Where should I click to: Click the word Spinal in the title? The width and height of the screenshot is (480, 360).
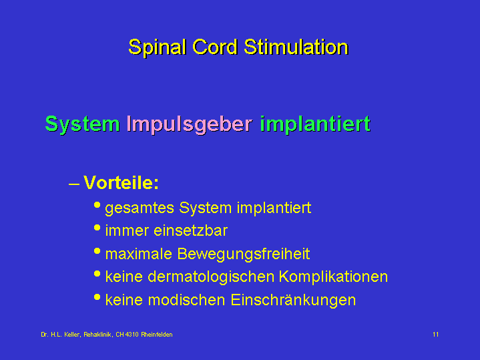point(158,48)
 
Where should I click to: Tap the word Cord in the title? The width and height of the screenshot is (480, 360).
point(215,47)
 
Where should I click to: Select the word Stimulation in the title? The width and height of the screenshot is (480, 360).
point(296,47)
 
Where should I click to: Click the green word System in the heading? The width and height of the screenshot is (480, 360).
point(82,124)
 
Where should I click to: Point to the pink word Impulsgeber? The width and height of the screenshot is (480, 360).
point(190,125)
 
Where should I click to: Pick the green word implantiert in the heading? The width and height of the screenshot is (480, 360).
point(315,124)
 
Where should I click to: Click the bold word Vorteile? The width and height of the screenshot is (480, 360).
point(121,182)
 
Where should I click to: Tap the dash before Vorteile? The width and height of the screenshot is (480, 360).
point(74,184)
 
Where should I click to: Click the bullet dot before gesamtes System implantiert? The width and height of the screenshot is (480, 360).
point(97,205)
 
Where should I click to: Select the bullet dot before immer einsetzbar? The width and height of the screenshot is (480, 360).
point(97,228)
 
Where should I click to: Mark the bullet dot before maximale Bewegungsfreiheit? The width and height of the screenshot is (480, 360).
point(97,251)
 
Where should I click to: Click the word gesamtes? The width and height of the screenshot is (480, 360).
point(140,208)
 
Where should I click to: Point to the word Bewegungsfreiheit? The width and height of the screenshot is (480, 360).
point(244,254)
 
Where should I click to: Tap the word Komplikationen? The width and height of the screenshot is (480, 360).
point(333,277)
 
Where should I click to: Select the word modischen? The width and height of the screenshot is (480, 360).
point(186,300)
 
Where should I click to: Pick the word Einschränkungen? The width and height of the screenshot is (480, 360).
point(293,301)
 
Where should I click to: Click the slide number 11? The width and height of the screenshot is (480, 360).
point(436,334)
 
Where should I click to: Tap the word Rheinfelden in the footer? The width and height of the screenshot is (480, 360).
point(157,334)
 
